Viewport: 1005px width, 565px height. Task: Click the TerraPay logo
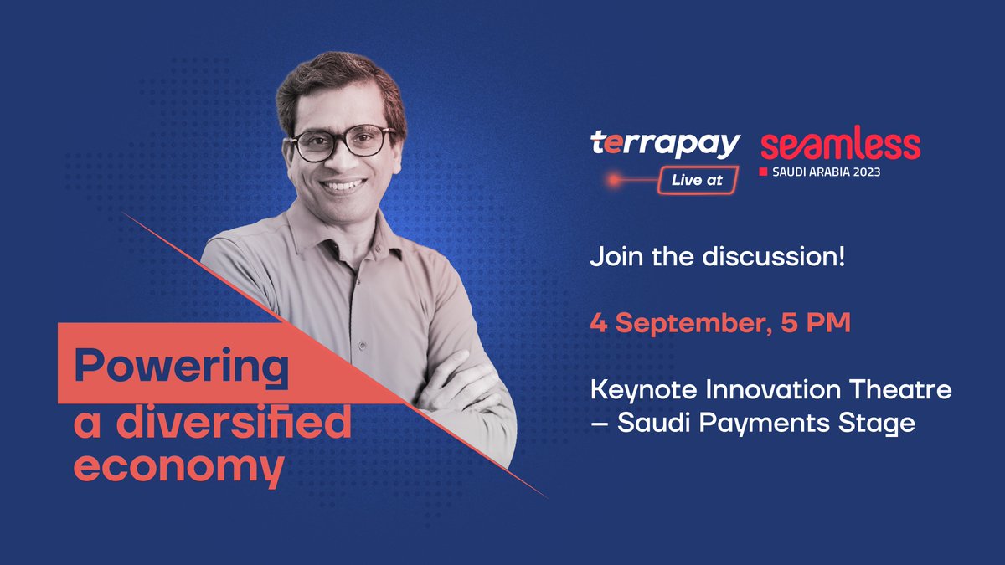665,145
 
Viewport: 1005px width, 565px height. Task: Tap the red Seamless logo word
840,146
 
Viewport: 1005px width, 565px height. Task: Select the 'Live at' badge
697,180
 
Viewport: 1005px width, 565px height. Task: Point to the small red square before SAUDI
763,172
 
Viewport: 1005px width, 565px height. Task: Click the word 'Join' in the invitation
616,256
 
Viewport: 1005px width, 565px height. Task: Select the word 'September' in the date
683,322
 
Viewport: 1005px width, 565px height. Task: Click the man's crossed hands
456,385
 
